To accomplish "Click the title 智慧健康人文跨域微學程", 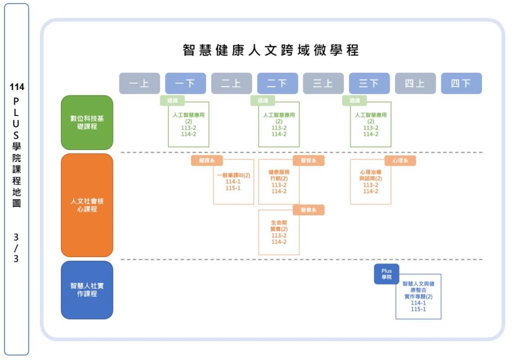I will [270, 50].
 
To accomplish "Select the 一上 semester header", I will [139, 83].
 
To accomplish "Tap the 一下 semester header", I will [185, 83].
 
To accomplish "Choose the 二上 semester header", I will [231, 83].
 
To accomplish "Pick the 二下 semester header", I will [277, 83].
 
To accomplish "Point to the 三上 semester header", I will [323, 83].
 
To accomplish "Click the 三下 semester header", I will [369, 83].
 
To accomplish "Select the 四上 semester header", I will [415, 83].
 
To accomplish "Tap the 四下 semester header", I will [461, 83].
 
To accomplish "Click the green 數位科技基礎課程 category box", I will [87, 122].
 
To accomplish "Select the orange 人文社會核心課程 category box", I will [87, 205].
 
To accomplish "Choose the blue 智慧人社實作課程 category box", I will [87, 290].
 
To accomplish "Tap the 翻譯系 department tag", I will [206, 160].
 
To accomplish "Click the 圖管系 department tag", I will [308, 160].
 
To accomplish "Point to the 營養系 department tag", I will [308, 210].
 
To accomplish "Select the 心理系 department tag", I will [400, 160].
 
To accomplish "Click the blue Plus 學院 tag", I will [386, 274].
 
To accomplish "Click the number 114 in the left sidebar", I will [16, 87].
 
